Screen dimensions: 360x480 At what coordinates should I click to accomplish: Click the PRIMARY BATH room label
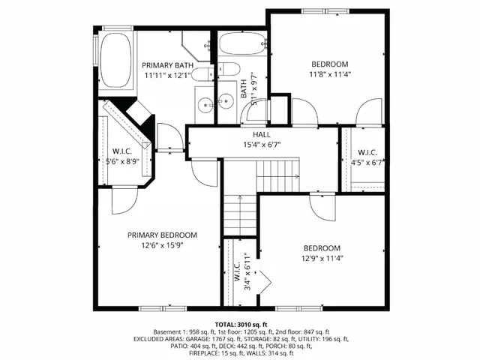[168, 65]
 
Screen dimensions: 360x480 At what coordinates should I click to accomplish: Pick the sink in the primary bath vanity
[205, 103]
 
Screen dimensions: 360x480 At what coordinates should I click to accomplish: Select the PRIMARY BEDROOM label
[161, 234]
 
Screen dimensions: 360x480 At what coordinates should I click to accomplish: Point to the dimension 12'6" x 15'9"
[161, 244]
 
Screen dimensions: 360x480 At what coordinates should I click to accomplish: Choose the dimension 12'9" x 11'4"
[321, 259]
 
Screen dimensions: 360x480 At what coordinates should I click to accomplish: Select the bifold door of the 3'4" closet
[262, 281]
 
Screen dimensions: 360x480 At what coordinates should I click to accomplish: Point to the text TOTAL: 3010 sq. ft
[240, 323]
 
